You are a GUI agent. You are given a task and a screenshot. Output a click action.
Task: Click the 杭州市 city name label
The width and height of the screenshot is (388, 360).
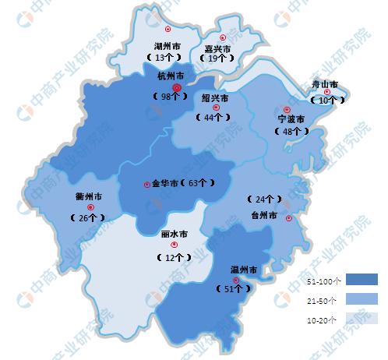click(x=170, y=76)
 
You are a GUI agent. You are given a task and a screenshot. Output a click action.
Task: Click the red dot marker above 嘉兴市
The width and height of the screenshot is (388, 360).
click(x=224, y=37)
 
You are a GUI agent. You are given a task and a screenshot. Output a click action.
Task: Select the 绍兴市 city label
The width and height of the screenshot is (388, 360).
click(x=215, y=99)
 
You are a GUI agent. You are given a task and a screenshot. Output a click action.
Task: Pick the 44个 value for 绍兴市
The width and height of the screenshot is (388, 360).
click(x=213, y=118)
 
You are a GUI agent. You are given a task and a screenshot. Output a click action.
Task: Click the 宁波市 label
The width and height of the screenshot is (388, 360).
click(x=291, y=119)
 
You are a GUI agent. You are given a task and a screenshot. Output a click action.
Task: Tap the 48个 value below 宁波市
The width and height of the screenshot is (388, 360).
click(x=289, y=132)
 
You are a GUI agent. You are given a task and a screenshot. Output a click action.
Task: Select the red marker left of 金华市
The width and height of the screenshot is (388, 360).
click(x=146, y=185)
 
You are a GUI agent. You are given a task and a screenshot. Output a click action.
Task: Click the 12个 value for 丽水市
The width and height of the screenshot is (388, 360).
click(x=173, y=256)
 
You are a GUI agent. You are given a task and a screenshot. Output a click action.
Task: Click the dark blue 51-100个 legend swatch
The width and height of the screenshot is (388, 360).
click(x=362, y=280)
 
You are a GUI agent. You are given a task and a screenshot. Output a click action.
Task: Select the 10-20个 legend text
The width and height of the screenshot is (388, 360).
click(x=321, y=319)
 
